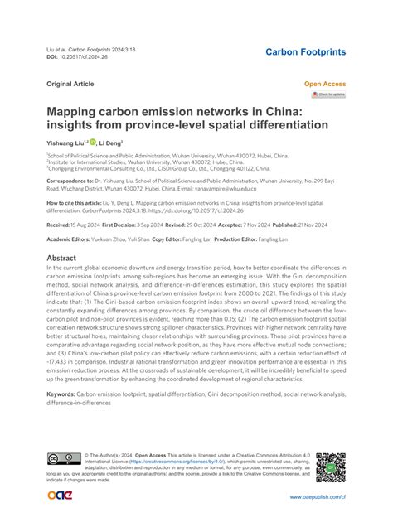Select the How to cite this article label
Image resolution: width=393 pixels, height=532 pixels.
click(78, 201)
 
